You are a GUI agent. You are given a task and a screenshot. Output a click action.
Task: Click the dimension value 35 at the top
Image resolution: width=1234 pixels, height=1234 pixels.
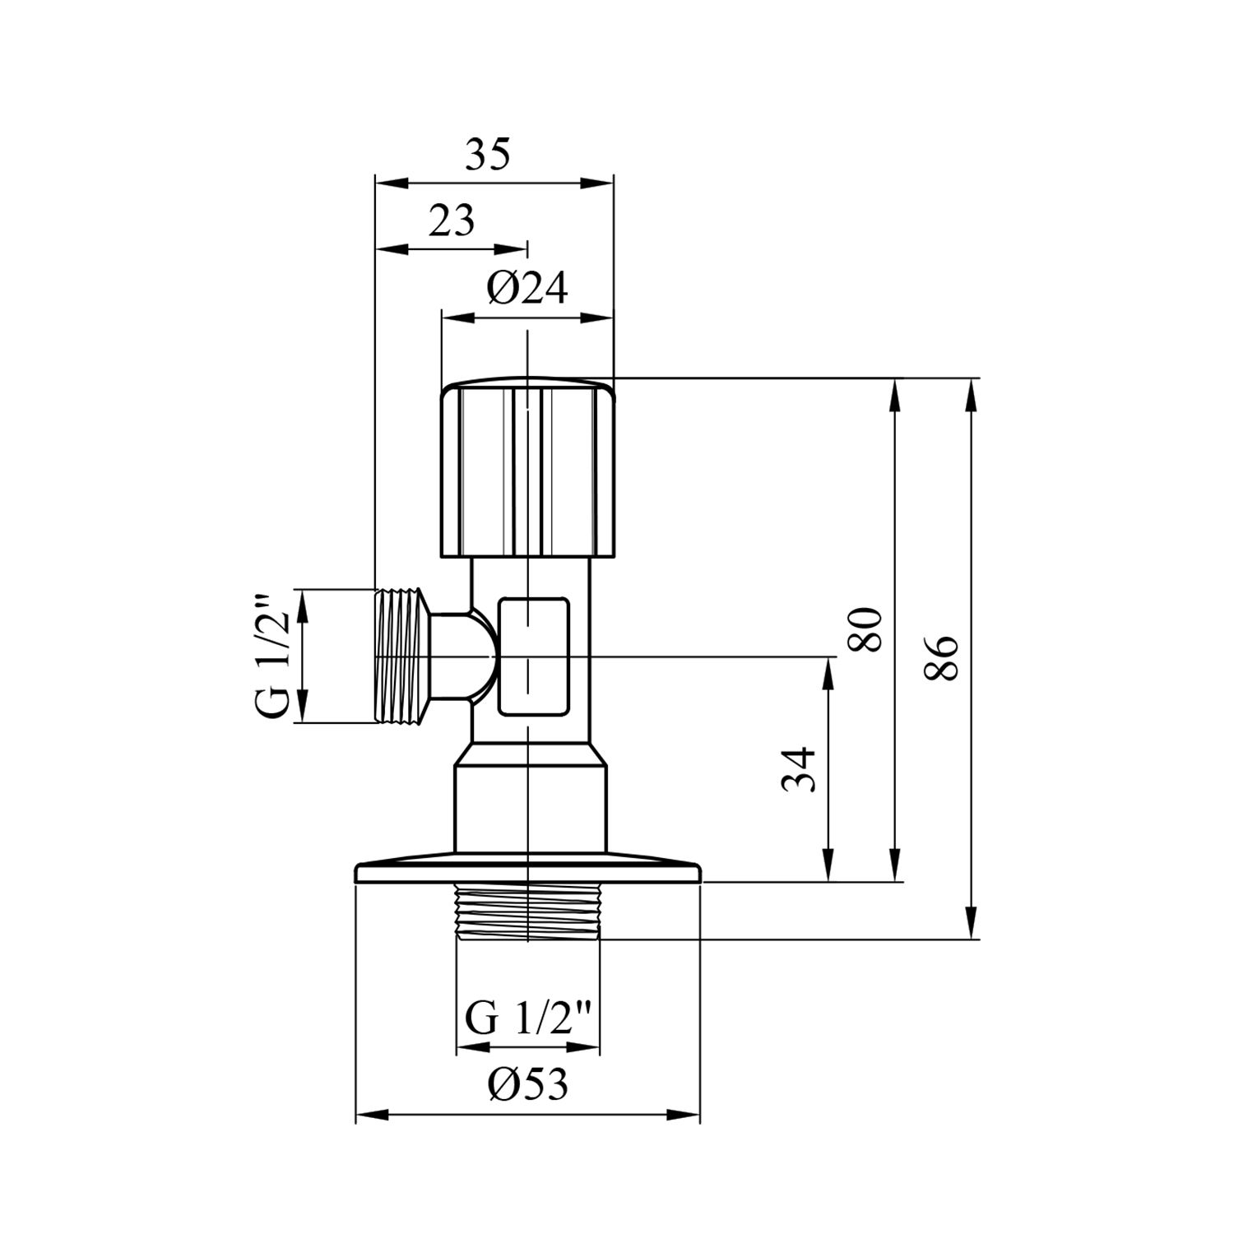point(488,155)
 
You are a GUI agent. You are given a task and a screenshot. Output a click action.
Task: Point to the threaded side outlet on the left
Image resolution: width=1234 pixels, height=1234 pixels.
point(402,656)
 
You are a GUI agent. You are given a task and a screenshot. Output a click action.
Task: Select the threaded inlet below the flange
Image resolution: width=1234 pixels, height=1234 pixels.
point(527,912)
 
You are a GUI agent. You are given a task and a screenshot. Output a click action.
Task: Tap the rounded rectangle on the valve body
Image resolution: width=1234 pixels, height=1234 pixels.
point(533,656)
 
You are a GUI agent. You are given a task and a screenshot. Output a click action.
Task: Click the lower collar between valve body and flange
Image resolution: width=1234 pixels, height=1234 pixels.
point(531,806)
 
